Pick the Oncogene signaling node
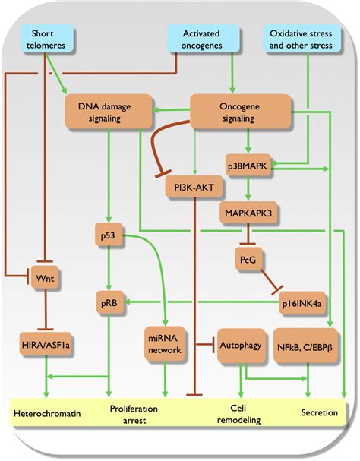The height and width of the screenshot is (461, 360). [x=241, y=112]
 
